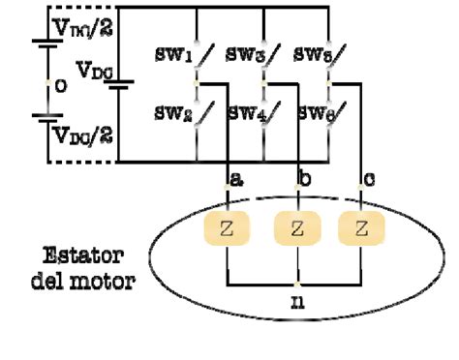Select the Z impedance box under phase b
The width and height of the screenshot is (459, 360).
(295, 229)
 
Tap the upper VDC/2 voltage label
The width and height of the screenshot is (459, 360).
(82, 29)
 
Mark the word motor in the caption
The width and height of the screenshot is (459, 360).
(107, 282)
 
